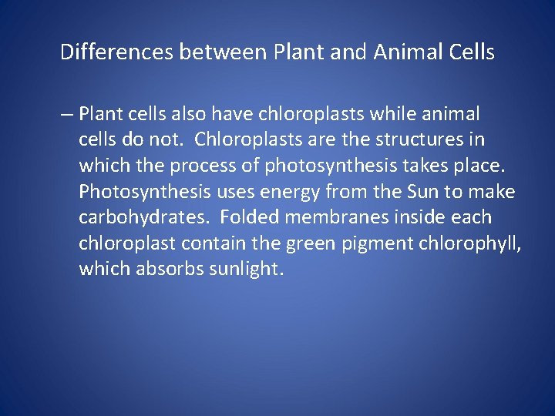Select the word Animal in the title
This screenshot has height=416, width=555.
[409, 52]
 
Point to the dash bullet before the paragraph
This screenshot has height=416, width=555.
[66, 115]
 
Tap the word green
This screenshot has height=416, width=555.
[309, 244]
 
